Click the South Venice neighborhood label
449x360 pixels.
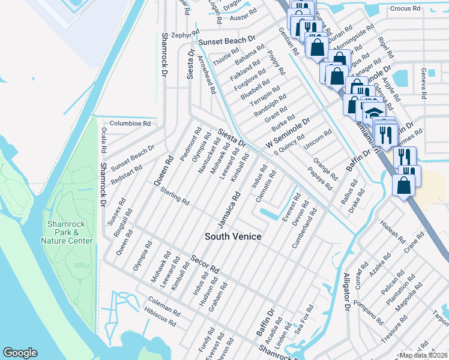coord(234,236)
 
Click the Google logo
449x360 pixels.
coord(20,353)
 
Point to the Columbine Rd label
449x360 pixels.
coord(130,123)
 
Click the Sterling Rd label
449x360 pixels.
coord(175,195)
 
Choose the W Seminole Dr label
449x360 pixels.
coord(289,134)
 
